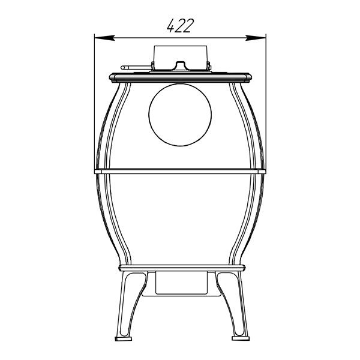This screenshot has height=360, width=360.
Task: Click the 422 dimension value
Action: coord(181,25)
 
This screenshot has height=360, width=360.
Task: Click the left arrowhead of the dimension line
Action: coord(104,38)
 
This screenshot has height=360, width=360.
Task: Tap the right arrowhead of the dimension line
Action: coord(256,38)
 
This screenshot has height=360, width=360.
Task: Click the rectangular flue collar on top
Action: coord(181,57)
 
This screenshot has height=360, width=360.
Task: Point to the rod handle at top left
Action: coord(136,67)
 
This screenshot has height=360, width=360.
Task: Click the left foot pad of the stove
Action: coord(123,338)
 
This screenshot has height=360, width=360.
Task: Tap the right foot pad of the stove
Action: coord(241,338)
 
